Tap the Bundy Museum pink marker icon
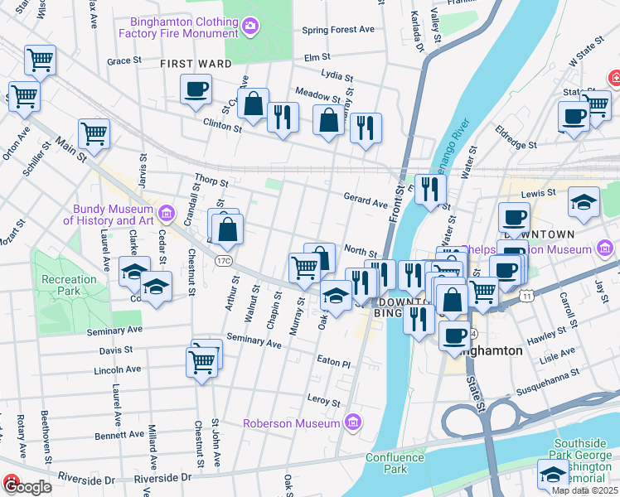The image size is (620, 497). (x=167, y=215)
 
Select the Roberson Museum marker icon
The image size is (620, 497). (x=353, y=423)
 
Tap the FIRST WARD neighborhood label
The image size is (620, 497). (x=195, y=64)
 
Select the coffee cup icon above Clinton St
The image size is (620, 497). (x=196, y=89)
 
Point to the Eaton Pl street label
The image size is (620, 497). (x=335, y=362)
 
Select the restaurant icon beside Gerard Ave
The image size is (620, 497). (x=429, y=190)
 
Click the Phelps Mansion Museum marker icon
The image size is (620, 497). (x=604, y=248)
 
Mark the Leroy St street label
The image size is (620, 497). (x=324, y=399)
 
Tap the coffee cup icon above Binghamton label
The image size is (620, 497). (x=454, y=334)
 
